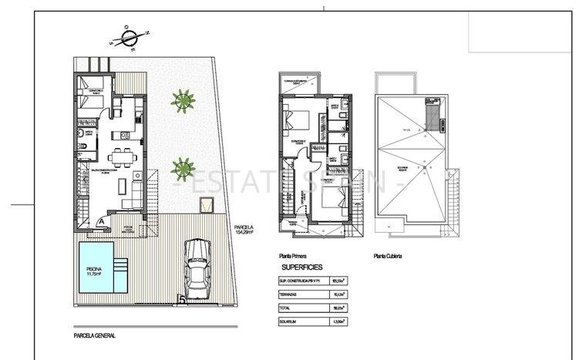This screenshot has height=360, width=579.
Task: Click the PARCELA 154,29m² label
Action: coord(241,229)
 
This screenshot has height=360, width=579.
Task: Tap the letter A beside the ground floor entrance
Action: coord(101,220)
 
